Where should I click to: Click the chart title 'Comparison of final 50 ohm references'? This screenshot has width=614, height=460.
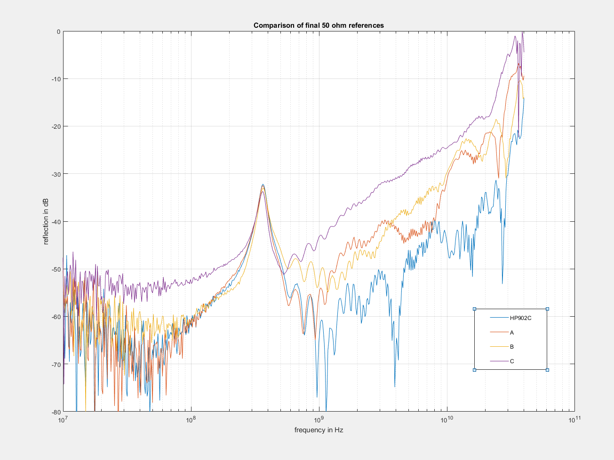pos(319,25)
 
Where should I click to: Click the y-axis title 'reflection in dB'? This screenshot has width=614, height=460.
pos(46,221)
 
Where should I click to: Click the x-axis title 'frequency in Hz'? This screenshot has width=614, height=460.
pos(319,430)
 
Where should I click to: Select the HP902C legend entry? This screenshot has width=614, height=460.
pos(520,318)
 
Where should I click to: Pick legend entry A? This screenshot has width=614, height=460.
pos(512,332)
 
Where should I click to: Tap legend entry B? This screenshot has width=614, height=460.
pos(512,347)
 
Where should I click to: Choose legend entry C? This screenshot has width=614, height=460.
pos(512,361)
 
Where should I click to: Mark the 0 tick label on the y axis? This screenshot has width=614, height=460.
pos(58,31)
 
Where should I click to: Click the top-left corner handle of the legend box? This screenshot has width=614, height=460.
pos(474,309)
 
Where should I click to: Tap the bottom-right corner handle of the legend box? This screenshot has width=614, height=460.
pos(547,370)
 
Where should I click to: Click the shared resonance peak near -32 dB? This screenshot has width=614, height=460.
pos(263,185)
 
